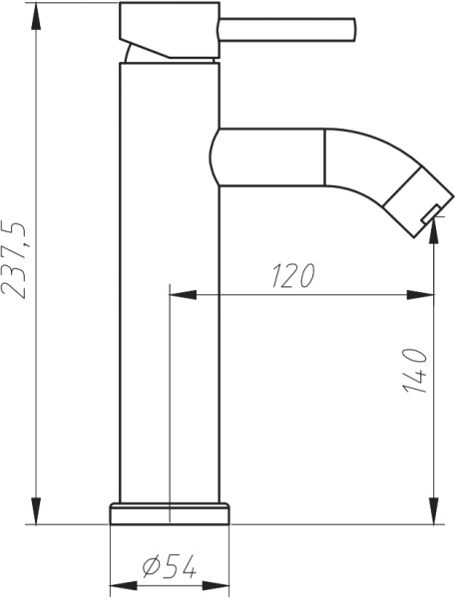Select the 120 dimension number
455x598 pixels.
292,276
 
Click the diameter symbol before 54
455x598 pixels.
153,567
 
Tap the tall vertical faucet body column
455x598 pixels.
169,279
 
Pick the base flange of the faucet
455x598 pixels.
169,512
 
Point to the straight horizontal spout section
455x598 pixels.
271,157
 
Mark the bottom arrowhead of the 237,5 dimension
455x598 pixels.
35,513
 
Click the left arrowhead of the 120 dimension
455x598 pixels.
179,294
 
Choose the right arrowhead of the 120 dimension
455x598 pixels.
426,294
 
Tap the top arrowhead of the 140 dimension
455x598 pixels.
434,249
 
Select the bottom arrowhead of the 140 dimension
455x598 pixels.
434,513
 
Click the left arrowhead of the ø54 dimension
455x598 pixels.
117,585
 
